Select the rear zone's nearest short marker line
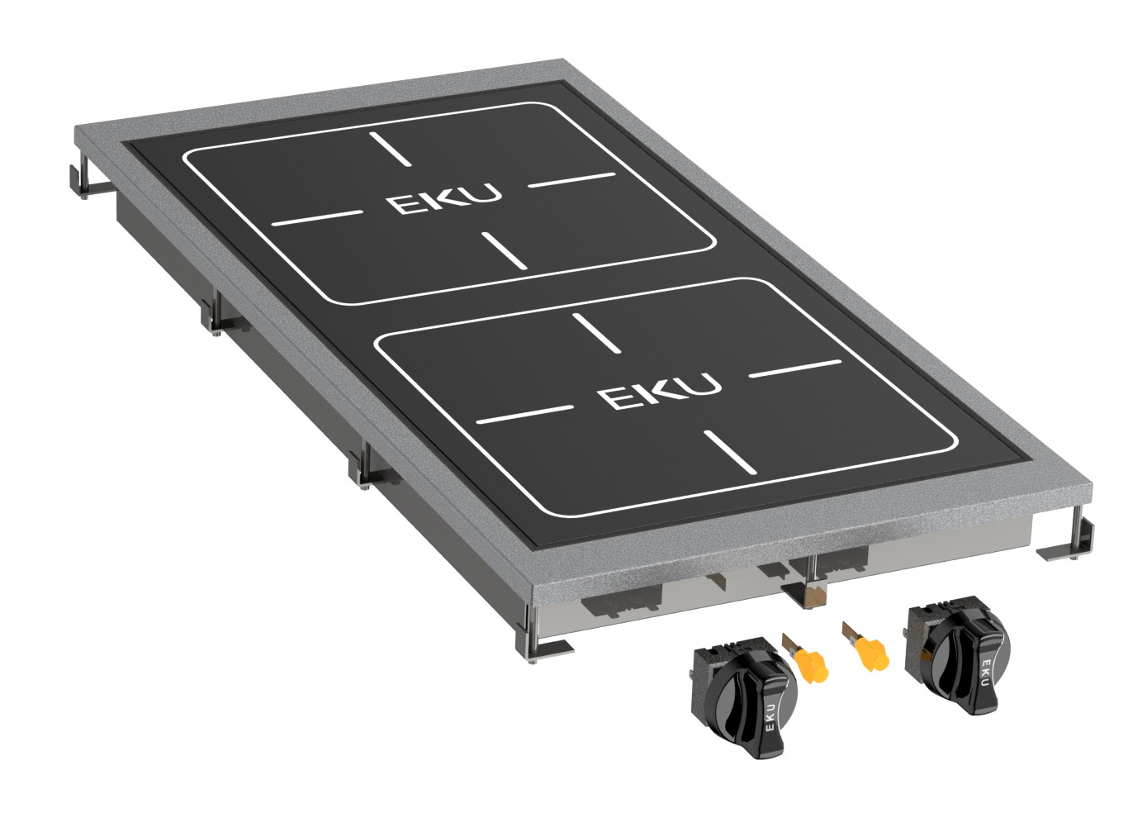pyautogui.click(x=503, y=250)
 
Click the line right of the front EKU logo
pyautogui.click(x=794, y=369)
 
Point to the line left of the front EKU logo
pyautogui.click(x=525, y=414)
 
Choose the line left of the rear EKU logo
pyautogui.click(x=317, y=218)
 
